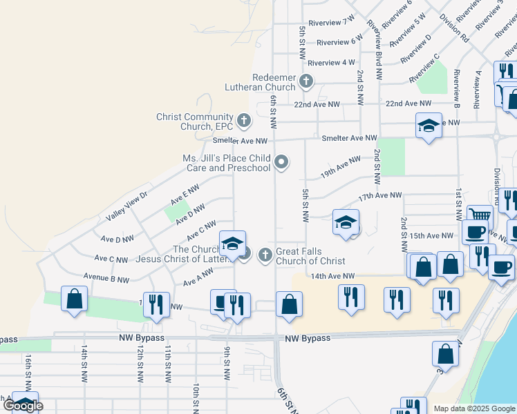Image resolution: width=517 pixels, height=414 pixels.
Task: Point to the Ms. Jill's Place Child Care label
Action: (226, 163)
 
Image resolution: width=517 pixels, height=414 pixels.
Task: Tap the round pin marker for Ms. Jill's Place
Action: (281, 163)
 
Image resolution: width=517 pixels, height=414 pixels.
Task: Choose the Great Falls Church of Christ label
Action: (310, 256)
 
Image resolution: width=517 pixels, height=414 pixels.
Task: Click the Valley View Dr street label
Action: (127, 206)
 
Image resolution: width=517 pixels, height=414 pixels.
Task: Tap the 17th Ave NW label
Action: (379, 196)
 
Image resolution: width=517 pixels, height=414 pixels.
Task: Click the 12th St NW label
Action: (140, 364)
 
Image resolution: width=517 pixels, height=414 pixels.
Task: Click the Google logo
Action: (23, 406)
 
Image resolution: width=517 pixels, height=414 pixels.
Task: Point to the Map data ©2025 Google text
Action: (474, 408)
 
